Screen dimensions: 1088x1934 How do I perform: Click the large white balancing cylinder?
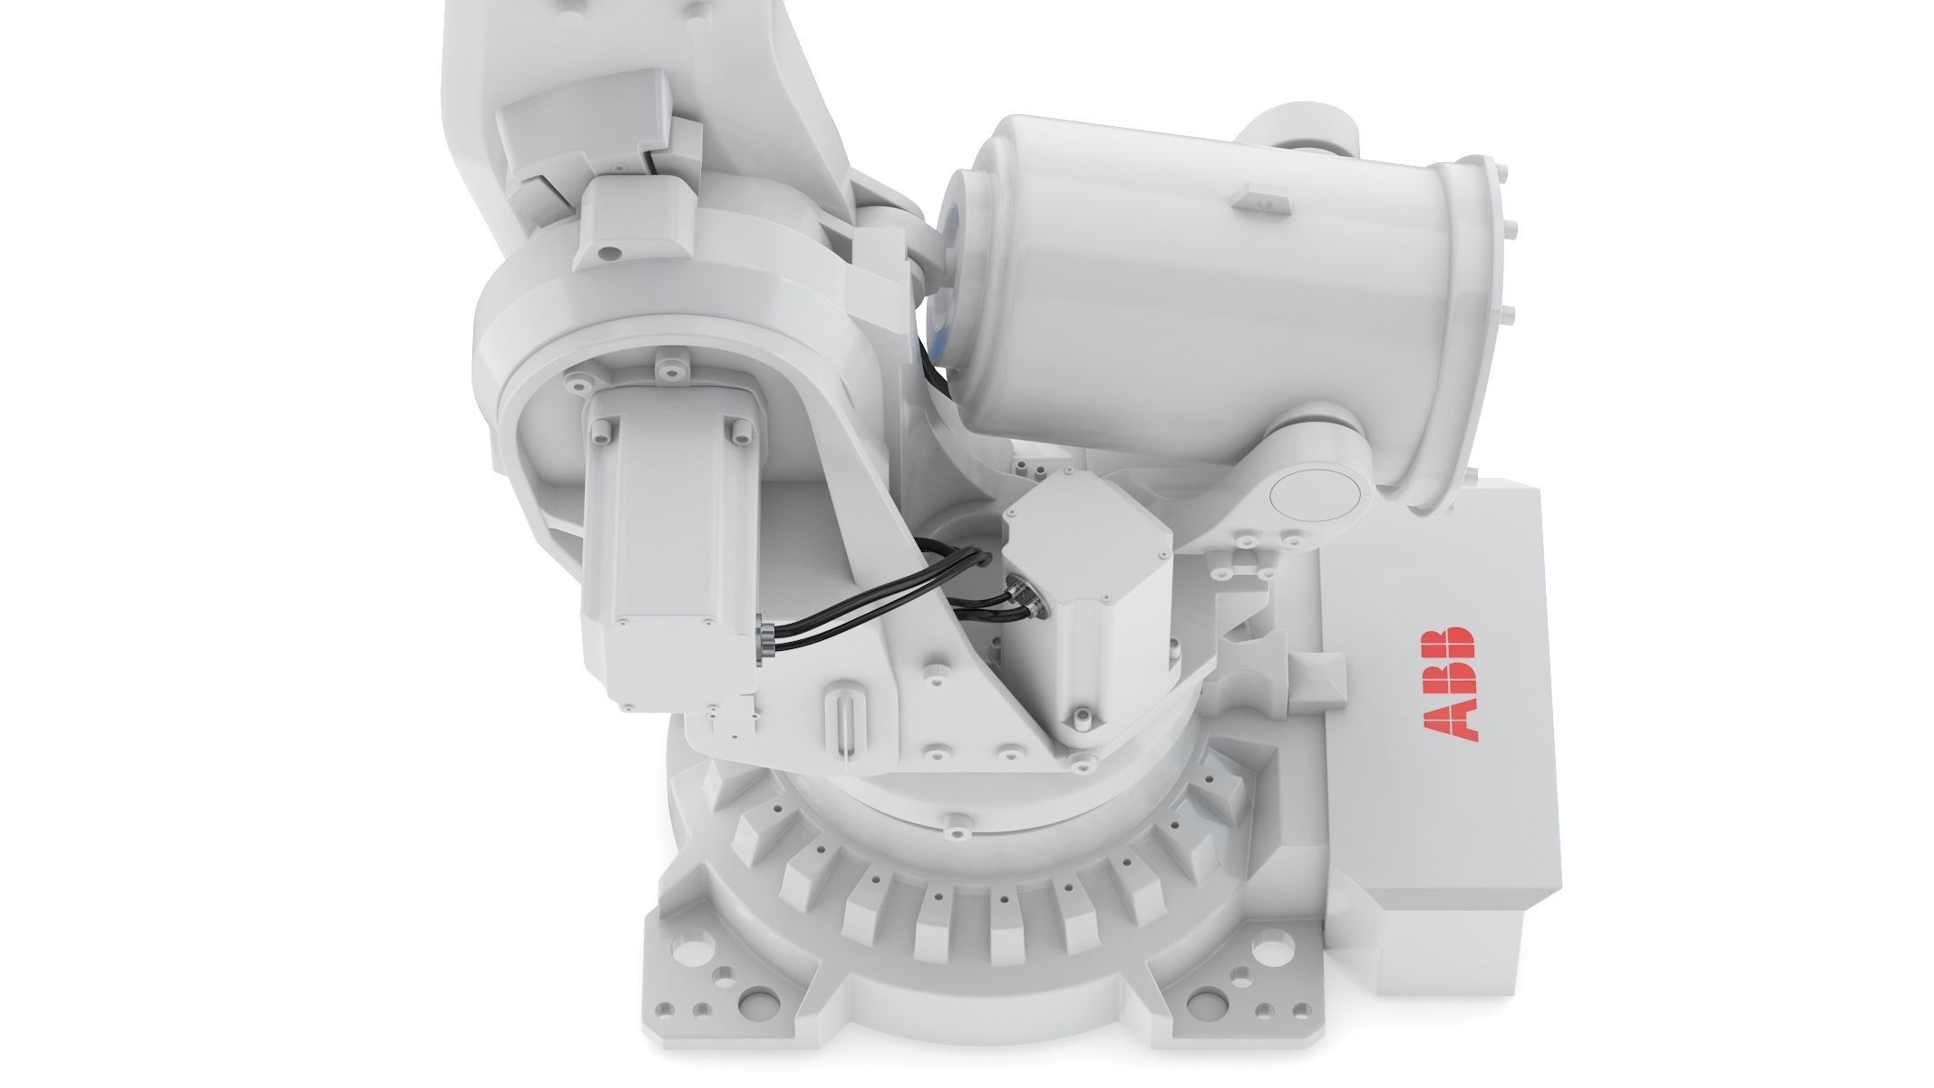(1170, 290)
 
